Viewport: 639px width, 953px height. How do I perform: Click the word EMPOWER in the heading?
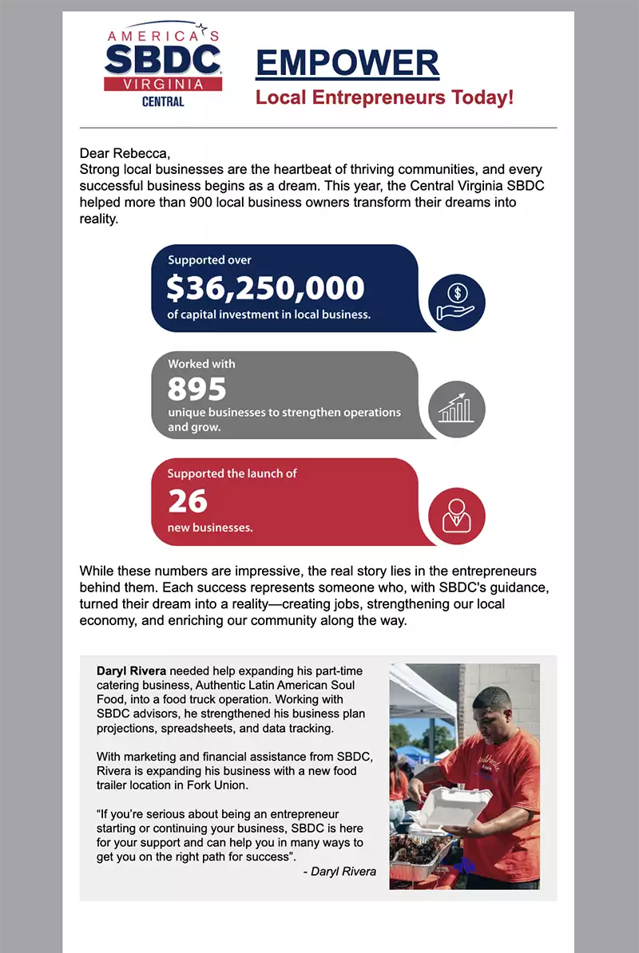[347, 64]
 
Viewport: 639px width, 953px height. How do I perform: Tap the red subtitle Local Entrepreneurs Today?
[384, 98]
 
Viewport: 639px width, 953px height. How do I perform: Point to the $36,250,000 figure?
[265, 287]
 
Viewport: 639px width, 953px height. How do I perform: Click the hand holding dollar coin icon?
[456, 303]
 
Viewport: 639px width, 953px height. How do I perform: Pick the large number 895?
[197, 389]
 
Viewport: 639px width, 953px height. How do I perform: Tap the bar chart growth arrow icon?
[456, 409]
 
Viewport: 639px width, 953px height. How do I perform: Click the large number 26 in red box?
[188, 501]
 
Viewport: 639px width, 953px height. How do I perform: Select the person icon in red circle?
[456, 515]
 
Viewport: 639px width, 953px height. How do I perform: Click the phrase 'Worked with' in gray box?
[201, 364]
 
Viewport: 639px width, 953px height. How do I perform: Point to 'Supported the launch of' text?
[232, 473]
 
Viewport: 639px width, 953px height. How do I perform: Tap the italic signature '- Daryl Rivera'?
[339, 871]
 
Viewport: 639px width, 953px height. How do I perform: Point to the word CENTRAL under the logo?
[163, 102]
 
